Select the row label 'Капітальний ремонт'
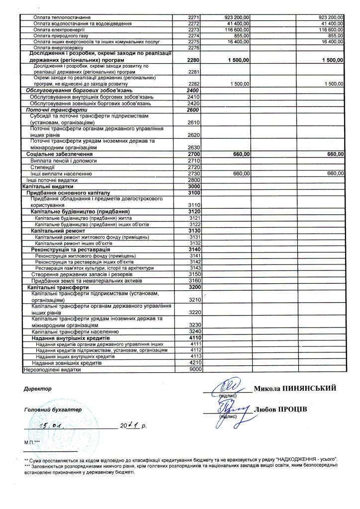58,231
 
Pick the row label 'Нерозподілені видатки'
52,369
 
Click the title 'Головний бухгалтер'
52,410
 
